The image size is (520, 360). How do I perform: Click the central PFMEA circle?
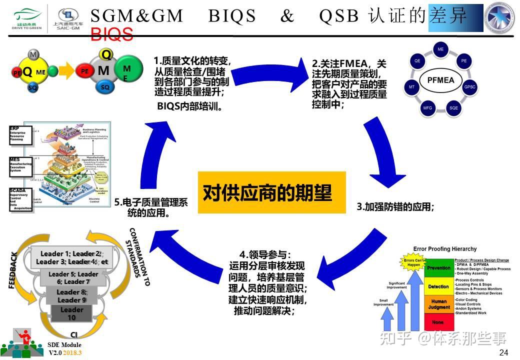click(440, 80)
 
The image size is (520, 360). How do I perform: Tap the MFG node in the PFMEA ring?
click(427, 108)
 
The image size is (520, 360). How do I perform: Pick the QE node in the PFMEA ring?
click(417, 60)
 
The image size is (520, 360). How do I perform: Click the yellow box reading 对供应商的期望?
click(271, 192)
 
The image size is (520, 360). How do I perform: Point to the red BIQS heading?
click(112, 34)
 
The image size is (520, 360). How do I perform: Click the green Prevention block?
click(438, 268)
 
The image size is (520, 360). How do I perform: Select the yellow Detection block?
click(438, 286)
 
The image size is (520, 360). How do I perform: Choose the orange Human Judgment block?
click(438, 304)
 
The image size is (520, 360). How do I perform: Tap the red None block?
click(438, 322)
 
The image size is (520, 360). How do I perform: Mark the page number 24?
click(503, 352)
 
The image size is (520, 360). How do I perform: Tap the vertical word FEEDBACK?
click(13, 270)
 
